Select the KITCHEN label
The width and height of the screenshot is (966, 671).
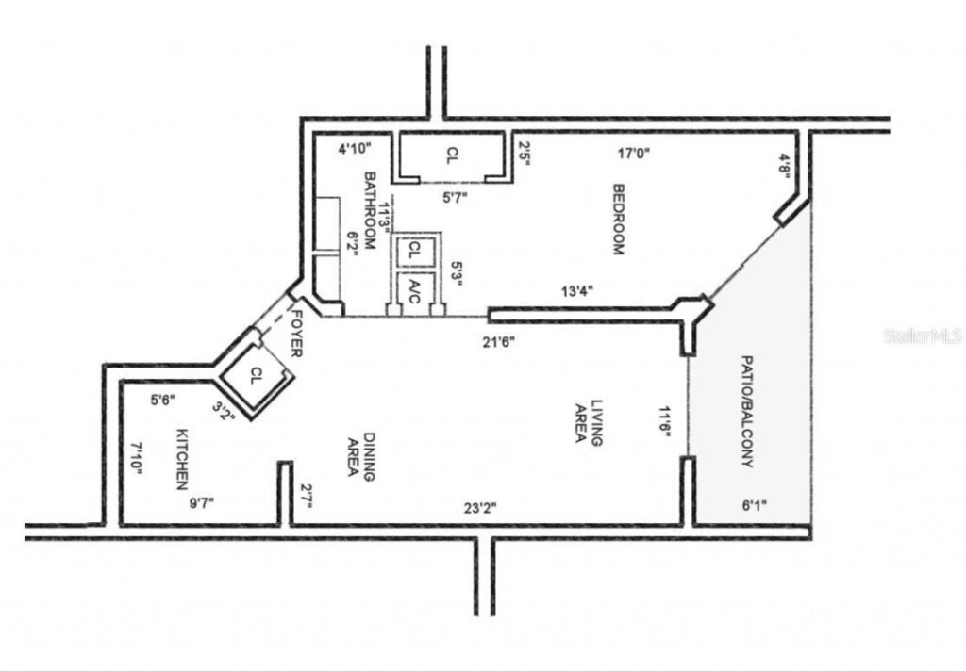click(x=180, y=460)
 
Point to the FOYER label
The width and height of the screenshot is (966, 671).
click(x=296, y=334)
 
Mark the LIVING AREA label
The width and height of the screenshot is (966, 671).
click(x=590, y=420)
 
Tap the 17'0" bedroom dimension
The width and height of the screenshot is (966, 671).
click(x=634, y=153)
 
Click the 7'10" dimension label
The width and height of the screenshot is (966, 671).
click(x=137, y=458)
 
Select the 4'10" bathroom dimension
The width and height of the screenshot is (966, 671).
click(x=356, y=148)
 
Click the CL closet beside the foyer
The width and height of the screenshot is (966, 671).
click(x=256, y=375)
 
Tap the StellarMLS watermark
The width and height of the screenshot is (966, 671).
click(x=923, y=335)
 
